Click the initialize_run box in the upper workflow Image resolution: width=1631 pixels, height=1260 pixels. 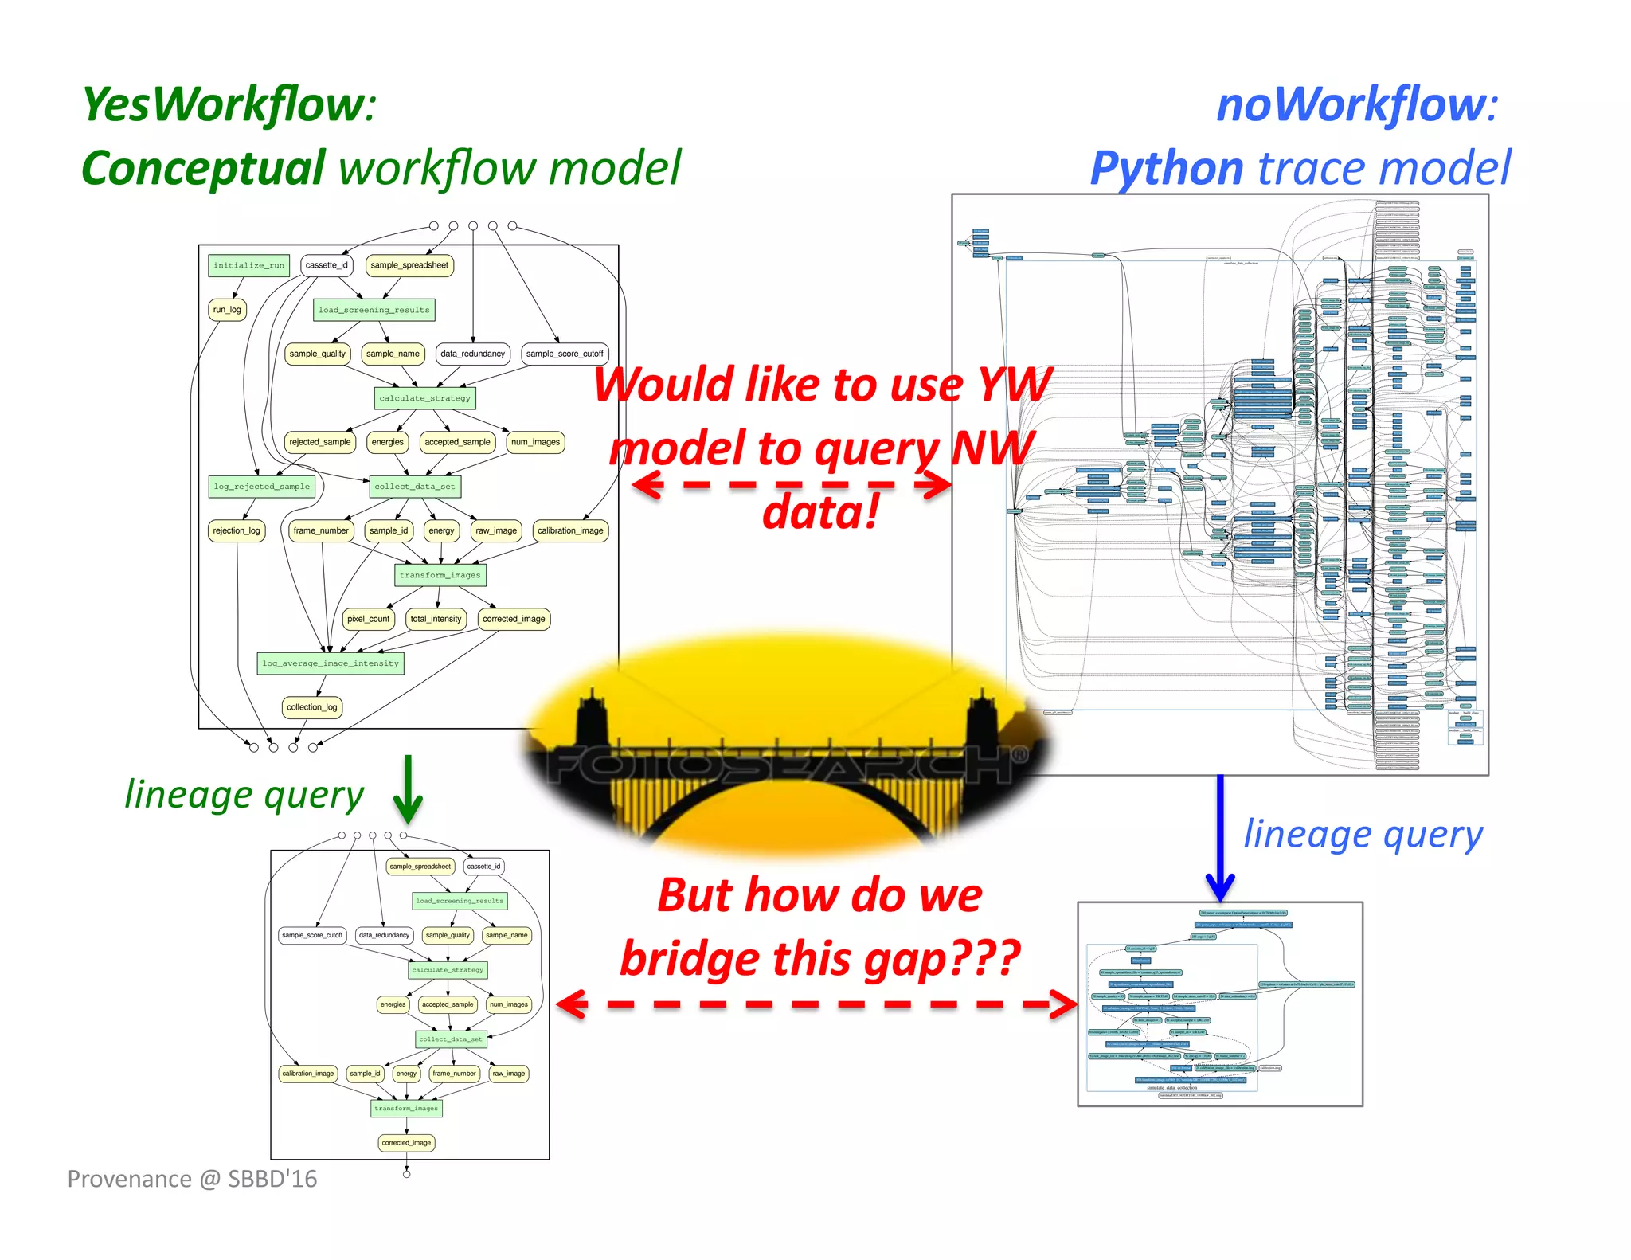click(x=248, y=265)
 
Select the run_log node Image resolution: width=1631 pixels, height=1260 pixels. click(x=227, y=310)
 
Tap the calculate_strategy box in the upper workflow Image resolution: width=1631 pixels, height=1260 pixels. click(x=424, y=398)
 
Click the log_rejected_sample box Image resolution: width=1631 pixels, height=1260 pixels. click(x=261, y=487)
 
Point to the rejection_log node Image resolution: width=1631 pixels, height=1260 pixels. click(x=236, y=530)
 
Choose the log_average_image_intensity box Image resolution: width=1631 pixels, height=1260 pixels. click(x=331, y=663)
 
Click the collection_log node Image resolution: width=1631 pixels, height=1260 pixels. click(x=311, y=707)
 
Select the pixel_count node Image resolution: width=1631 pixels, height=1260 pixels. click(x=368, y=619)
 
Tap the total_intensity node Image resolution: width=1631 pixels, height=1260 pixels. click(x=436, y=619)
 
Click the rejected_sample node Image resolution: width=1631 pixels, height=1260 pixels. click(x=319, y=442)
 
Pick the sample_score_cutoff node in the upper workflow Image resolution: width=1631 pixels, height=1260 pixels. click(x=565, y=354)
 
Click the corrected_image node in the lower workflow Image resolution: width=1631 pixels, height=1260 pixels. click(x=406, y=1143)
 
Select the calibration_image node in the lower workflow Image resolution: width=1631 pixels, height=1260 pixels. click(x=307, y=1074)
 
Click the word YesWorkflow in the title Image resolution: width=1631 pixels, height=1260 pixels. click(x=223, y=104)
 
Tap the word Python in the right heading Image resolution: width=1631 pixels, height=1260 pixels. click(x=1166, y=169)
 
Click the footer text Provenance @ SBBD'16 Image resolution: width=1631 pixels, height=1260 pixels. click(x=192, y=1179)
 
